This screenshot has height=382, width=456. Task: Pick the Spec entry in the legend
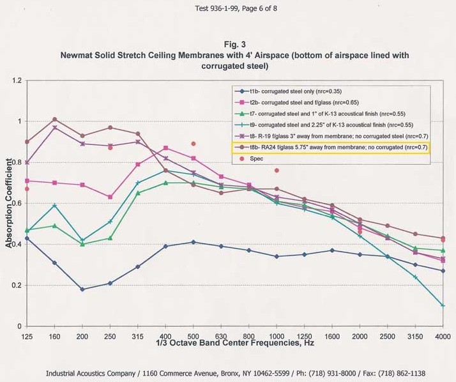[x=256, y=158]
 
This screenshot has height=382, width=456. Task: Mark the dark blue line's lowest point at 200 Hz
[x=82, y=289]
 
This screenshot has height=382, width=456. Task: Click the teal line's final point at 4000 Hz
[x=443, y=305]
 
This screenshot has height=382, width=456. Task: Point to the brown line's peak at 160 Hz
[x=54, y=119]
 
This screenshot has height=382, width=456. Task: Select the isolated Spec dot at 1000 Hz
[x=277, y=171]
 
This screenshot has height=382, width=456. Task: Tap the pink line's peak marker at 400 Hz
[x=166, y=148]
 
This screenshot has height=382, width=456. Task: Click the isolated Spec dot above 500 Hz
[x=194, y=144]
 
